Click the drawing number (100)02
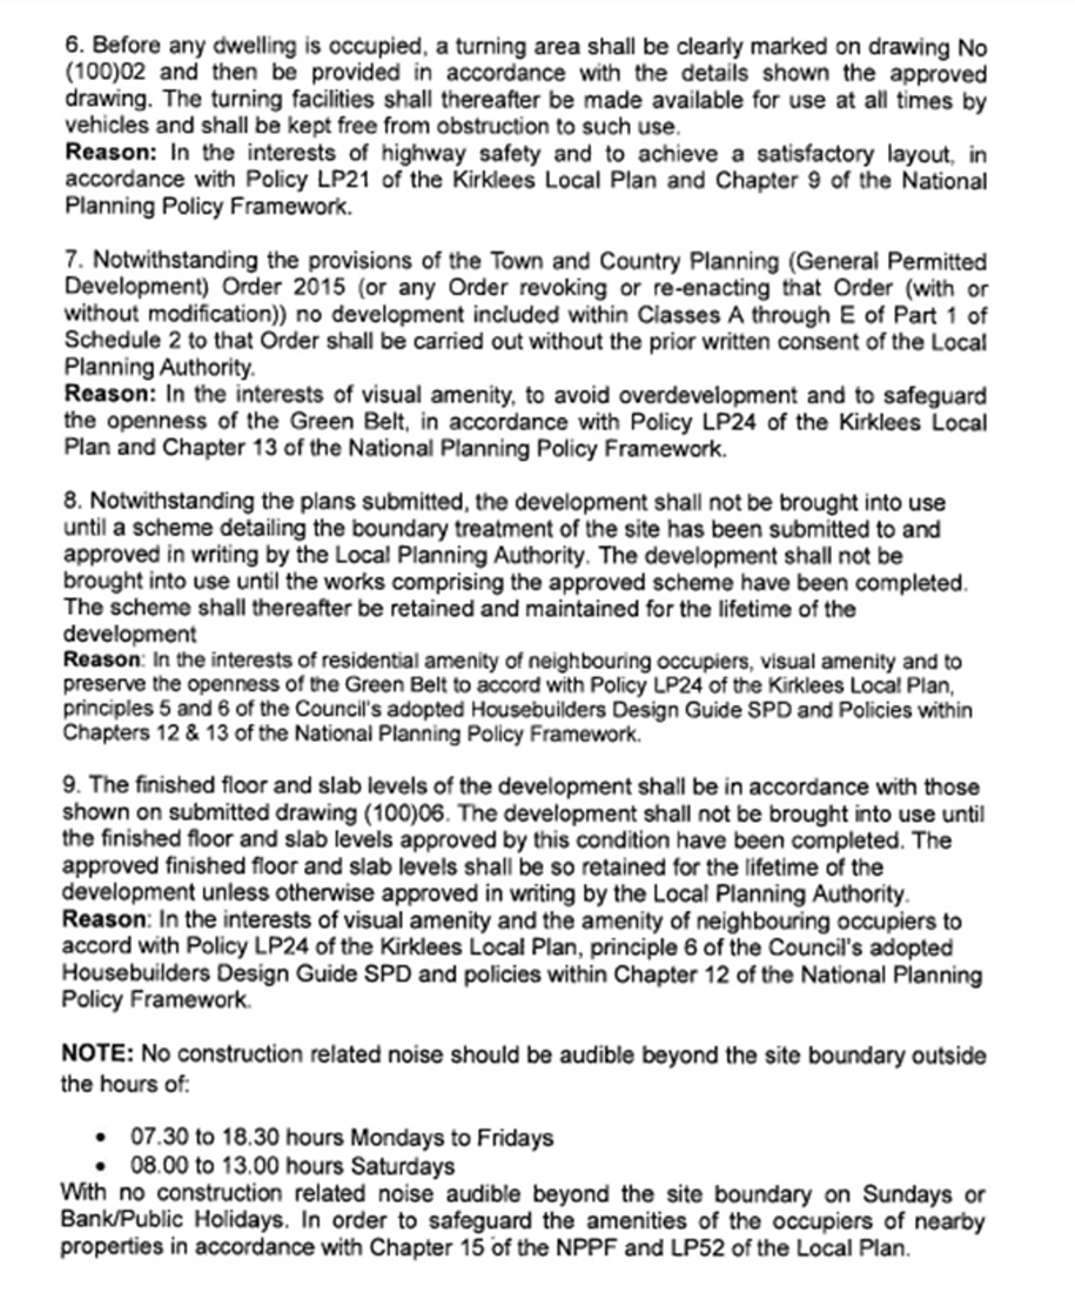pos(105,73)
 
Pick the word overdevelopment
pos(708,395)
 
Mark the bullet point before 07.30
pos(101,1138)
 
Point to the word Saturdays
pos(403,1166)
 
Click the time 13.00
pos(250,1166)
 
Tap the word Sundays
pos(907,1193)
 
